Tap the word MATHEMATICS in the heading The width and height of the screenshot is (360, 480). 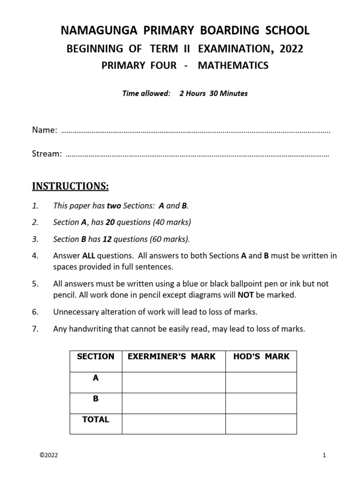point(233,66)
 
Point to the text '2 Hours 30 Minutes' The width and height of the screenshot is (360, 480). point(213,93)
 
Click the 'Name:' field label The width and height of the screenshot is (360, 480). point(45,130)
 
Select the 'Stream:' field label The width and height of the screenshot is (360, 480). point(47,154)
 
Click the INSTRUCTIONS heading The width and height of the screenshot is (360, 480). point(70,187)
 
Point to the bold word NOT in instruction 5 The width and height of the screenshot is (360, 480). point(246,295)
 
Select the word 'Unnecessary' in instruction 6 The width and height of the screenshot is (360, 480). point(76,312)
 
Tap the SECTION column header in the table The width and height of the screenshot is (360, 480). point(96,357)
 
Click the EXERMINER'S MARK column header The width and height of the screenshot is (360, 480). point(172,357)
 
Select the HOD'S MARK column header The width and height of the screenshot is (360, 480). point(261,357)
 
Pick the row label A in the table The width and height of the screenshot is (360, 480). point(96,378)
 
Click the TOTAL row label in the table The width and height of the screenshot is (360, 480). point(96,420)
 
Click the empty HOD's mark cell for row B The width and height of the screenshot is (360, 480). point(261,403)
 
